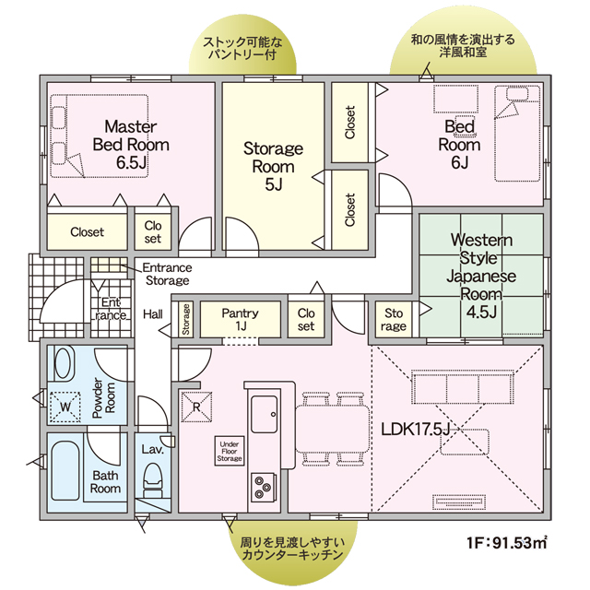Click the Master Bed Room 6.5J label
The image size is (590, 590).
(x=131, y=145)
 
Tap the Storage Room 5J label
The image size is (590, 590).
(x=273, y=166)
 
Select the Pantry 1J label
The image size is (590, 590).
(x=240, y=319)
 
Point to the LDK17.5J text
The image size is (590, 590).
(x=416, y=430)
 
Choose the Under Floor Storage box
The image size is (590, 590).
(x=230, y=451)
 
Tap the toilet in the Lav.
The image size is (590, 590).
(x=153, y=479)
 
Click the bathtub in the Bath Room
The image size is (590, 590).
(x=65, y=471)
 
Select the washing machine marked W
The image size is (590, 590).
(x=65, y=407)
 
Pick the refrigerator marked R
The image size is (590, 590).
(x=196, y=407)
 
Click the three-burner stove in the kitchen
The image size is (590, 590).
(x=263, y=487)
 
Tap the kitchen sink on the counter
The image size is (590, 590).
(x=265, y=414)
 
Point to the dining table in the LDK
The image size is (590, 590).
(x=332, y=430)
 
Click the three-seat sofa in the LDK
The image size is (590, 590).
(x=463, y=387)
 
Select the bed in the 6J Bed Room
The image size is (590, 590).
(x=517, y=134)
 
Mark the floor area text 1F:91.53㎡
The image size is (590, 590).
(x=506, y=543)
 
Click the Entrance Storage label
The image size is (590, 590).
(x=168, y=274)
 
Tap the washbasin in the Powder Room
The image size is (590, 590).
(x=64, y=363)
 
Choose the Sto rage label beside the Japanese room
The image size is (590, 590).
(x=394, y=319)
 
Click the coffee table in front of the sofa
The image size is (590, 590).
(x=465, y=442)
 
